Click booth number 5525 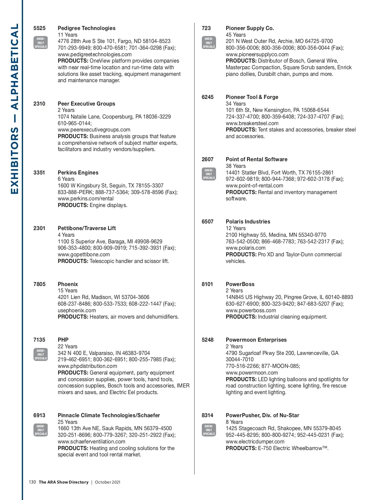pyautogui.click(x=39, y=28)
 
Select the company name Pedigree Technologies pyautogui.click(x=87, y=28)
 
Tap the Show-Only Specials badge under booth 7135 pyautogui.click(x=41, y=354)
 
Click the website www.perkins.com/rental pyautogui.click(x=86, y=198)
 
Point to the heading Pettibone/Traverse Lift pyautogui.click(x=87, y=228)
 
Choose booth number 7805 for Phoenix pyautogui.click(x=39, y=284)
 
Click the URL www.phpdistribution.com pyautogui.click(x=87, y=366)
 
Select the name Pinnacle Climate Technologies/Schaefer pyautogui.click(x=109, y=415)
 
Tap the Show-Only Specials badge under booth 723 pyautogui.click(x=209, y=43)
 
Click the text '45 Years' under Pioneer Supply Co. pyautogui.click(x=236, y=35)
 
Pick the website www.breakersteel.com pyautogui.click(x=252, y=123)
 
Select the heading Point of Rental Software pyautogui.click(x=256, y=159)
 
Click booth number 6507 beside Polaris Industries pyautogui.click(x=208, y=222)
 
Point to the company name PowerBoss pyautogui.click(x=240, y=284)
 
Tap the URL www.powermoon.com pyautogui.click(x=252, y=373)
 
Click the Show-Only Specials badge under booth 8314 pyautogui.click(x=209, y=430)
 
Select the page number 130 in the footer pyautogui.click(x=32, y=482)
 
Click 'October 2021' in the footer pyautogui.click(x=107, y=482)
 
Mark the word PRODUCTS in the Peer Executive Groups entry pyautogui.click(x=73, y=136)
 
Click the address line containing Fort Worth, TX pyautogui.click(x=280, y=173)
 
